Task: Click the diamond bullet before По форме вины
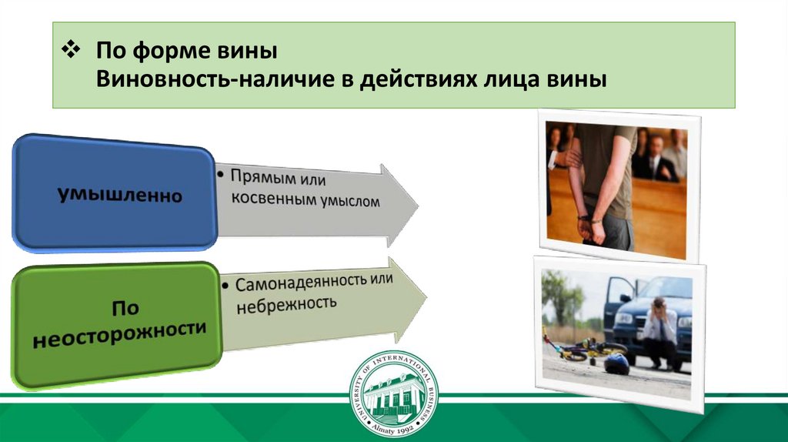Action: tap(71, 50)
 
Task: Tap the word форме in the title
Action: tap(174, 51)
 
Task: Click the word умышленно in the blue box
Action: tap(119, 194)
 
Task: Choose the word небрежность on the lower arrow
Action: tap(286, 303)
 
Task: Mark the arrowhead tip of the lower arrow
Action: tap(426, 298)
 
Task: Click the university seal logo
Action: tap(393, 393)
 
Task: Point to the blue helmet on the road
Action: tap(616, 363)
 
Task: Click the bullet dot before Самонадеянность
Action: tap(225, 286)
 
